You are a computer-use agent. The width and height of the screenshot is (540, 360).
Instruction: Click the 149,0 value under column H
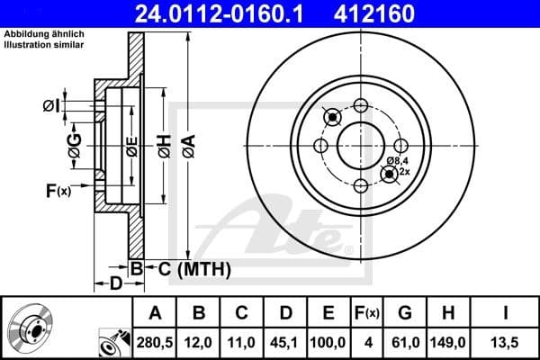point(449,342)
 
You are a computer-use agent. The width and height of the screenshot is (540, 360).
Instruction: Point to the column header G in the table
point(405,313)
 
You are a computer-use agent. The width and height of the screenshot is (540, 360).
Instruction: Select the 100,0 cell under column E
point(328,342)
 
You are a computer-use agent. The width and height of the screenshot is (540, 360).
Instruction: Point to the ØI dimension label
point(51,107)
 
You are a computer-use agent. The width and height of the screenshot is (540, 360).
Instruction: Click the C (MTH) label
point(191,268)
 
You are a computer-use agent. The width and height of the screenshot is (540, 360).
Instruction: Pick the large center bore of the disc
point(361,145)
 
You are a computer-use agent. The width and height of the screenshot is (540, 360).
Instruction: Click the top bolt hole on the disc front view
point(361,103)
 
